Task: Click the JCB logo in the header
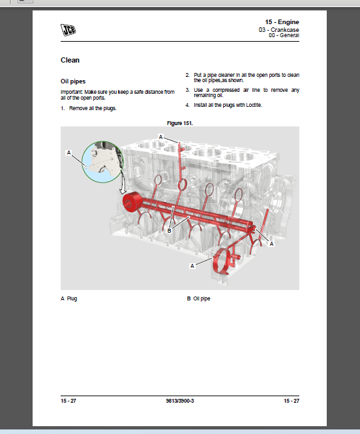point(68,28)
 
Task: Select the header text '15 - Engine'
point(282,22)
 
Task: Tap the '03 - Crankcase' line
point(279,29)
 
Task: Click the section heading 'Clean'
point(70,60)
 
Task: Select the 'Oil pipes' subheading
point(73,81)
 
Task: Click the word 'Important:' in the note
point(72,93)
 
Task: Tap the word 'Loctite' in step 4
point(252,105)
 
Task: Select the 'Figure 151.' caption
point(180,123)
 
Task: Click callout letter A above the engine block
point(160,136)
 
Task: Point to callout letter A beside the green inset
point(68,152)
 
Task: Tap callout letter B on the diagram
point(169,231)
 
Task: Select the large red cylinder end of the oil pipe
point(134,203)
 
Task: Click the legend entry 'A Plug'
point(68,298)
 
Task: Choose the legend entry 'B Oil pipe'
point(198,298)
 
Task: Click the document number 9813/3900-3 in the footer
point(180,400)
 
